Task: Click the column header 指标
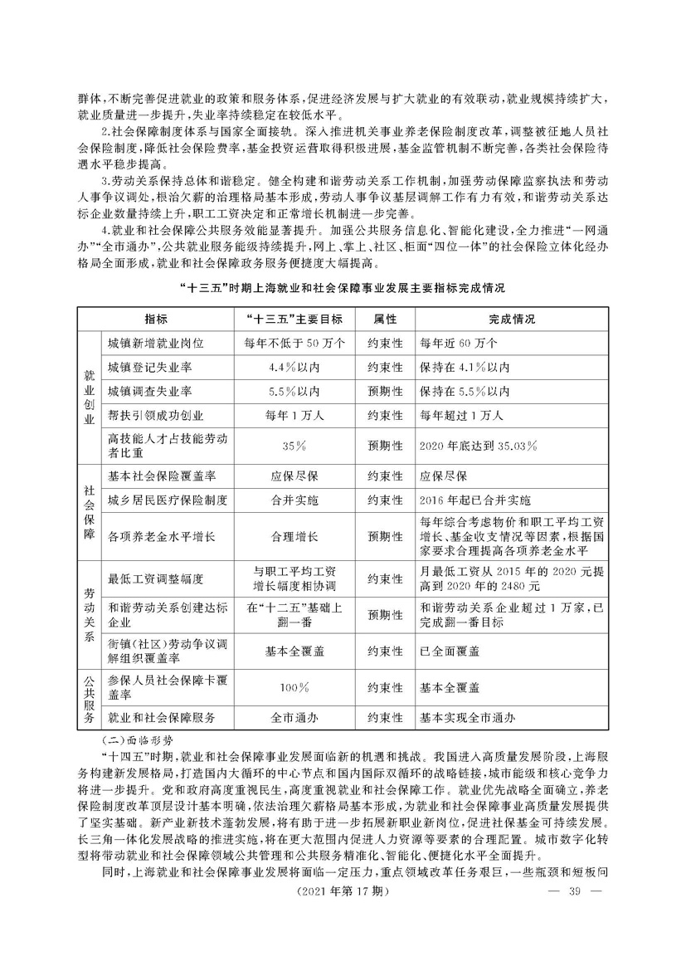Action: [156, 319]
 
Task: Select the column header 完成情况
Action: [511, 319]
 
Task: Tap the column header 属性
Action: [385, 319]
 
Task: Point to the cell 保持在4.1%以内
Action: [465, 367]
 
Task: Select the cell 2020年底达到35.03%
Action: [479, 446]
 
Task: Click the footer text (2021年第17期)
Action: [343, 938]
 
